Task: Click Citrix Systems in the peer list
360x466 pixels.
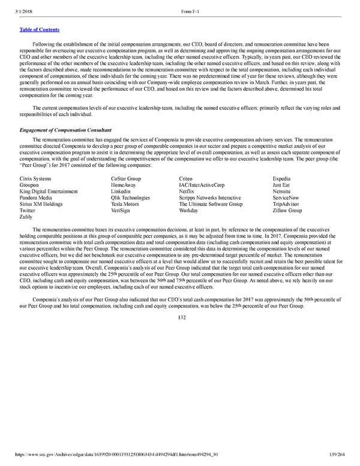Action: pyautogui.click(x=35, y=178)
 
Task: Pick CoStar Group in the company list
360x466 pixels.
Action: pyautogui.click(x=126, y=178)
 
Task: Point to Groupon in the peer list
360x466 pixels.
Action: pyautogui.click(x=31, y=185)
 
